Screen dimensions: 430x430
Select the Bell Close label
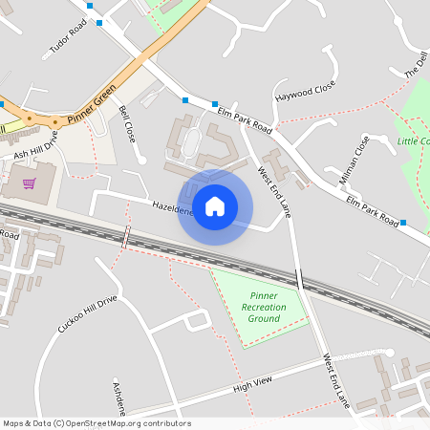[x=126, y=124]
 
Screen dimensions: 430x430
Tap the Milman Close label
[x=354, y=160]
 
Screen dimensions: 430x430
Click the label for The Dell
[x=416, y=62]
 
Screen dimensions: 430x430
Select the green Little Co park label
[x=413, y=141]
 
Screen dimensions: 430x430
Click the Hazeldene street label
[x=173, y=207]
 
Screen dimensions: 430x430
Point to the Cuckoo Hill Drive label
[x=86, y=313]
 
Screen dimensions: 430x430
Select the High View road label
[x=252, y=383]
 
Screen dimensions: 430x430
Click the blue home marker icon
[x=215, y=206]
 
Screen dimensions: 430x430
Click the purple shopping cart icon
[x=30, y=183]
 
